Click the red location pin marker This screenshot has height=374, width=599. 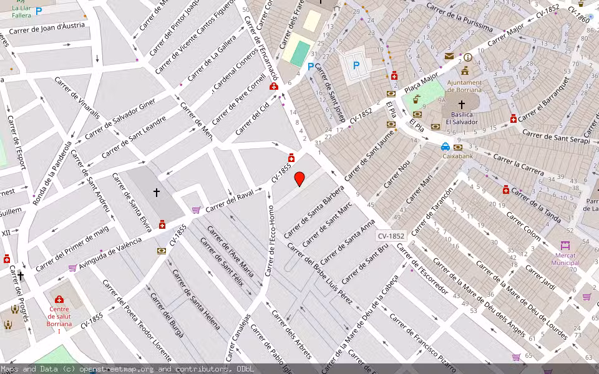tap(299, 179)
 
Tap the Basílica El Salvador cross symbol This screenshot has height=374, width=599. tap(462, 105)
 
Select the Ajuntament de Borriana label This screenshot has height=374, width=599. tap(465, 86)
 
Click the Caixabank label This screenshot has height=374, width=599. tap(460, 156)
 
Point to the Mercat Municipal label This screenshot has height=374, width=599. tap(565, 259)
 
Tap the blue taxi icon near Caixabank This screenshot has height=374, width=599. tap(445, 147)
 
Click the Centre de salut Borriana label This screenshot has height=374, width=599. tap(59, 316)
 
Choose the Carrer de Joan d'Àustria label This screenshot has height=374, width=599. tap(51, 28)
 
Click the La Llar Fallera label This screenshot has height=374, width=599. tap(21, 11)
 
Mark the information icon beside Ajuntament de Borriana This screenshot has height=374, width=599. tap(468, 57)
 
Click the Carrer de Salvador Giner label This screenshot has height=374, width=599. tap(120, 119)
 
